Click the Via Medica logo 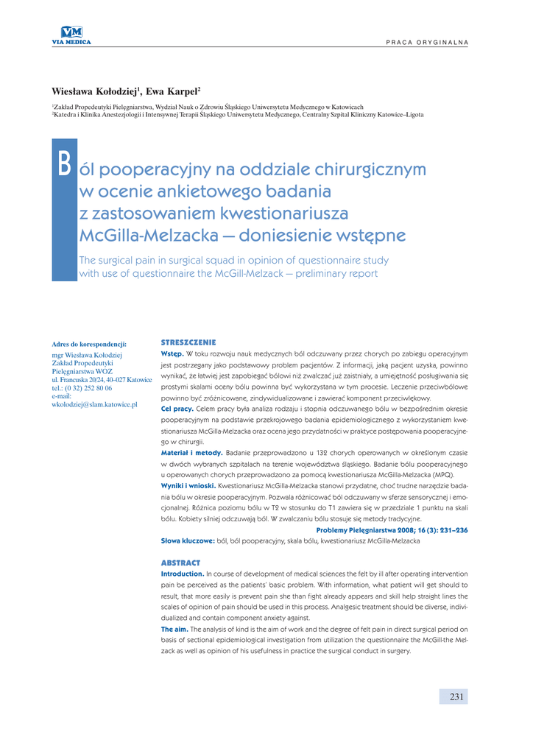point(71,35)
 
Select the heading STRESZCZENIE point(188,343)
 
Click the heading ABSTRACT point(180,563)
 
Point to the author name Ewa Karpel point(172,91)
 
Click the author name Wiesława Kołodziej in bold point(94,91)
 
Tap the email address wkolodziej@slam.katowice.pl point(94,404)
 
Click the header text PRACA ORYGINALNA point(427,41)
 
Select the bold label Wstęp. point(172,354)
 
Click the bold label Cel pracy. point(177,408)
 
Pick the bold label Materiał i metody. point(191,452)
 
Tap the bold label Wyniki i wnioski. point(188,486)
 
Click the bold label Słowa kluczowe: point(188,541)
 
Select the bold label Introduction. point(183,574)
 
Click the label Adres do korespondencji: point(89,344)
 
